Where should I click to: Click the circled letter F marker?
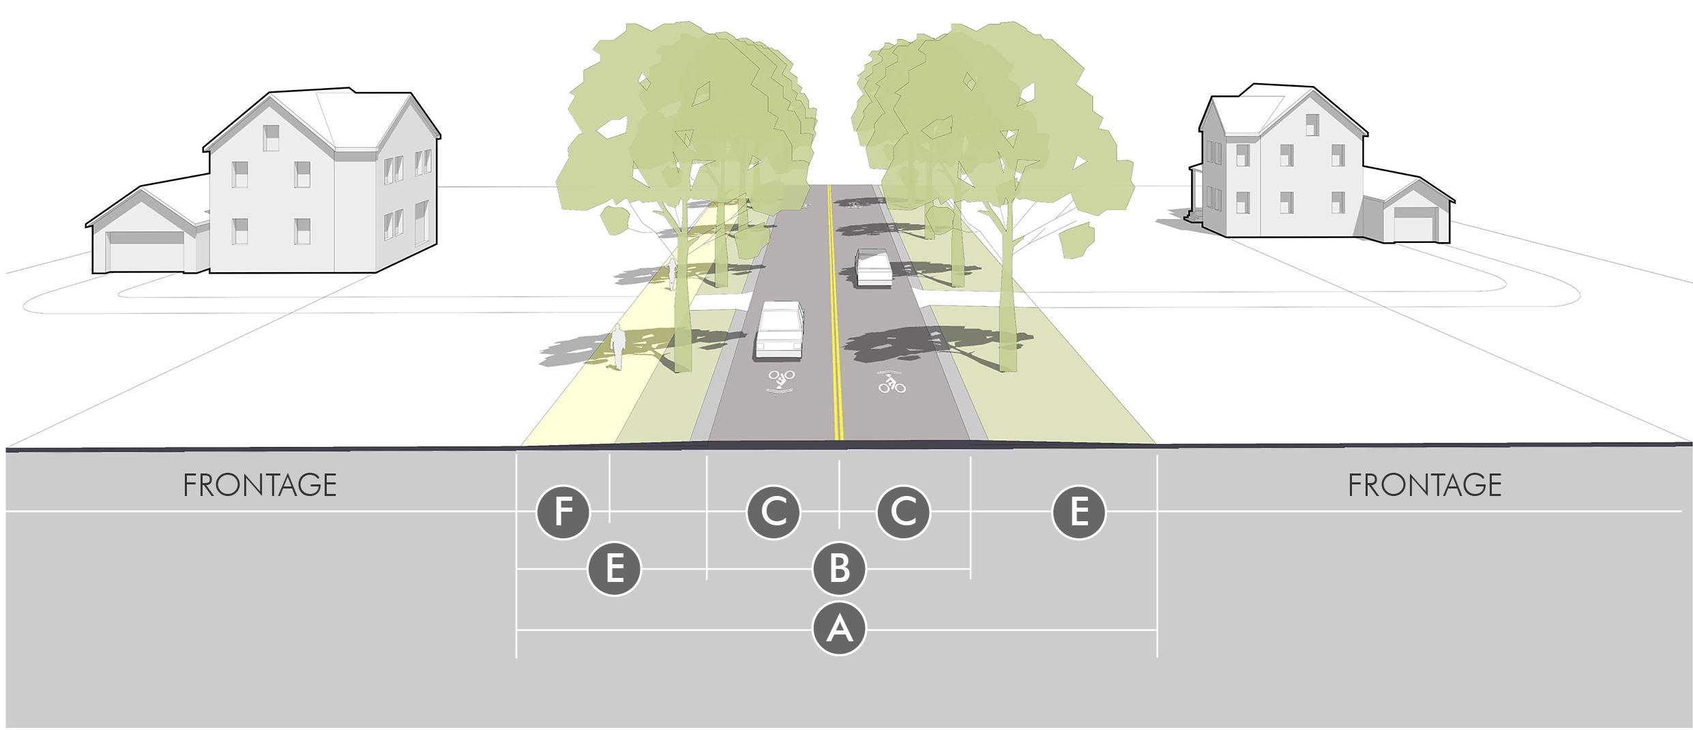563,512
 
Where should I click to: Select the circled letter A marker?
839,628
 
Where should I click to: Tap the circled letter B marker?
839,568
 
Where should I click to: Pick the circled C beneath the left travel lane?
774,512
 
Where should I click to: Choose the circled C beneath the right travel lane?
903,512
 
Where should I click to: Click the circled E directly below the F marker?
614,568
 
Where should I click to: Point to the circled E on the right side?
1078,512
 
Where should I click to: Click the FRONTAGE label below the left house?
260,486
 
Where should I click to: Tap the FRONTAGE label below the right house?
1424,486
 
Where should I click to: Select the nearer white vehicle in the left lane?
779,332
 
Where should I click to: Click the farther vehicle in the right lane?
873,268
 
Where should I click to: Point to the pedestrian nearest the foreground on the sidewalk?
617,347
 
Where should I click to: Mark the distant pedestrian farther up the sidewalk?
673,274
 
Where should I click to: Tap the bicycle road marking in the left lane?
781,380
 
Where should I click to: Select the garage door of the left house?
146,250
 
